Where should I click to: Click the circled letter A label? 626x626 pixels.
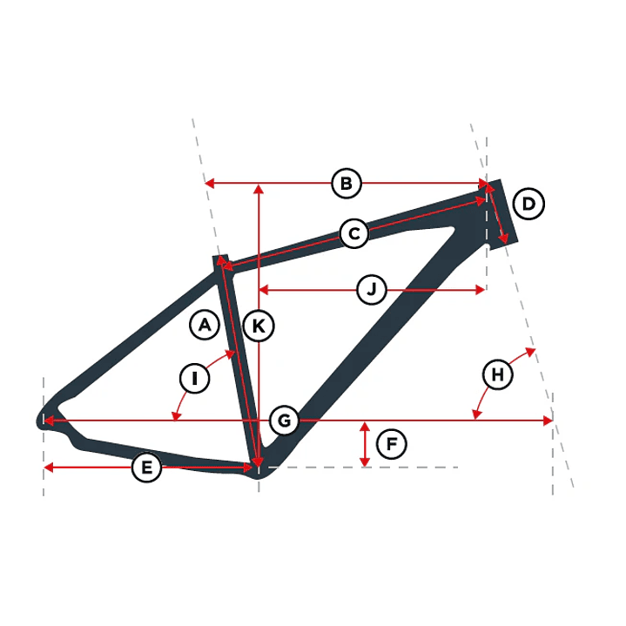point(205,325)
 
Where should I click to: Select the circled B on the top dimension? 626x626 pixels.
point(347,184)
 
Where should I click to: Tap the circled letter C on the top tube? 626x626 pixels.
point(354,233)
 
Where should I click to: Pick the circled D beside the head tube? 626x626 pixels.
point(528,204)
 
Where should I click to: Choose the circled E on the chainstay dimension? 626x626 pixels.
point(146,467)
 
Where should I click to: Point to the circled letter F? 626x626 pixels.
point(392,443)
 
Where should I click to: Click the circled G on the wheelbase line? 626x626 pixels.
point(284,421)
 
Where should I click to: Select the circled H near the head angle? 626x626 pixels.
point(497,374)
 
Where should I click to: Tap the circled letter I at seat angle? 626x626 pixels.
point(194,378)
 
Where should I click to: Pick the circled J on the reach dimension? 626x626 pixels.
point(372,289)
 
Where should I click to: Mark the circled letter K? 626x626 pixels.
point(259,326)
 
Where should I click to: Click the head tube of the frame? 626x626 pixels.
point(501,214)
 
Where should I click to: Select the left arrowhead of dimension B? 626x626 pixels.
point(209,184)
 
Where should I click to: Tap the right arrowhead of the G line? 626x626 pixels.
point(549,421)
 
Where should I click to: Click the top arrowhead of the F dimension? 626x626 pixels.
point(365,427)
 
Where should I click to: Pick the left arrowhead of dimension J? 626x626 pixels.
point(264,289)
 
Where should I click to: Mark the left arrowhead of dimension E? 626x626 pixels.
point(48,467)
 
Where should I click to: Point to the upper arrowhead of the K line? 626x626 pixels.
point(259,189)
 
